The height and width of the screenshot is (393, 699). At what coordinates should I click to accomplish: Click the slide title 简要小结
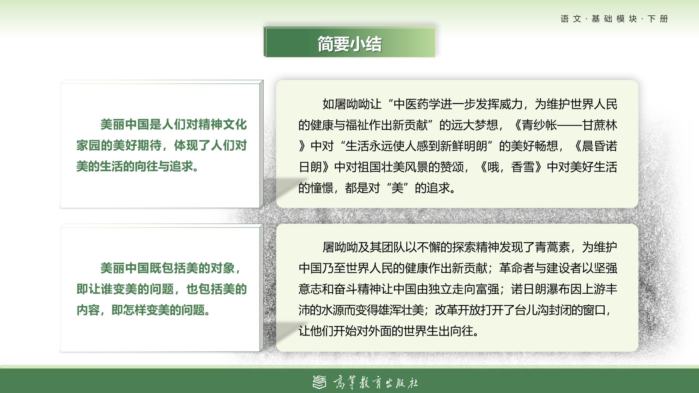[349, 44]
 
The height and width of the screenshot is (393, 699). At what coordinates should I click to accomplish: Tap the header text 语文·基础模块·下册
[614, 19]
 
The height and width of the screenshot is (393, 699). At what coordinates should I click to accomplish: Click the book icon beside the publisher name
[320, 382]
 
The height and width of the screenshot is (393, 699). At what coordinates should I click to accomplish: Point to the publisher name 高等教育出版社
[375, 382]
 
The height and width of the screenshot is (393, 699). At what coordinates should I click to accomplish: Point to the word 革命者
[517, 269]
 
